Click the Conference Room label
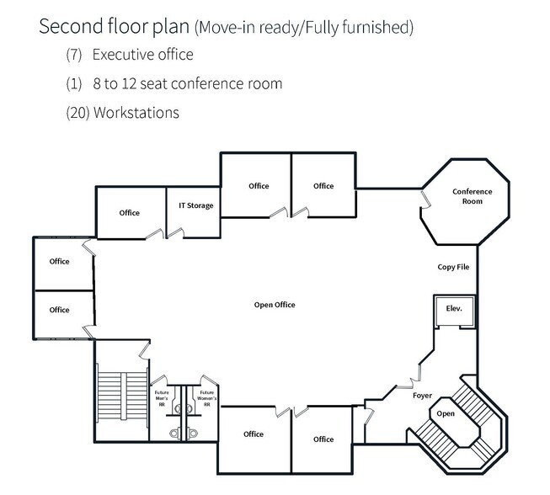tap(473, 196)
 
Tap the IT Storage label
tap(196, 205)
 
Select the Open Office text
tap(275, 305)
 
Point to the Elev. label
tap(454, 308)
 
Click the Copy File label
tap(453, 267)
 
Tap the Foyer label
tap(422, 396)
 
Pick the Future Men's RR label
tap(162, 398)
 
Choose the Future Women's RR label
tap(206, 398)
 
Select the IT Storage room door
tap(175, 233)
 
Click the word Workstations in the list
tap(136, 113)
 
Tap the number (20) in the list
tap(77, 113)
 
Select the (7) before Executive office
tap(74, 55)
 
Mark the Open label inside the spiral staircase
tap(446, 414)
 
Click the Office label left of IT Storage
tap(130, 213)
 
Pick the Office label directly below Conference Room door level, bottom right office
tap(323, 439)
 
